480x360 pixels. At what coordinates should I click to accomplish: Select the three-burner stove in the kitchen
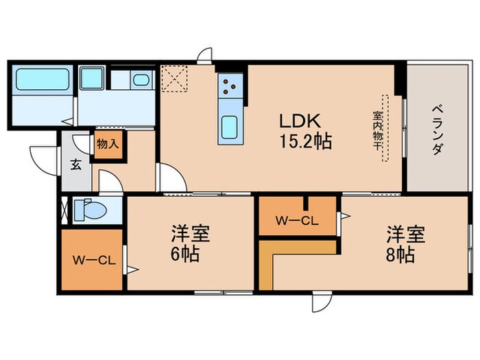coord(228,88)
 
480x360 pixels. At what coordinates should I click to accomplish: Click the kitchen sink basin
coord(229,127)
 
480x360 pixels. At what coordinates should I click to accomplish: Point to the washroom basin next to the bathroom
coord(140,80)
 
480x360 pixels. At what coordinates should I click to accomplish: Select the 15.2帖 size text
coord(306,142)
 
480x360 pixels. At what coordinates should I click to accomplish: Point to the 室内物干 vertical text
coord(377,128)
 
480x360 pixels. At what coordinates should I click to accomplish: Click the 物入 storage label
coord(107,145)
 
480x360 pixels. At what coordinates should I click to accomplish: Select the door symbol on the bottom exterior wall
coord(320,302)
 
